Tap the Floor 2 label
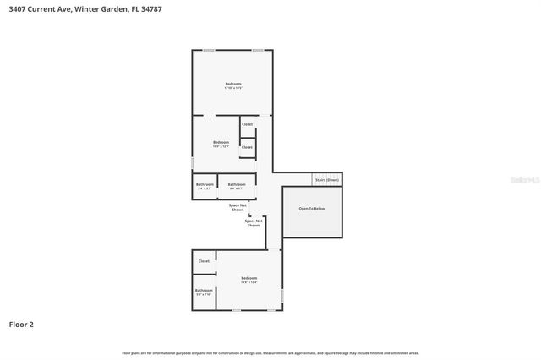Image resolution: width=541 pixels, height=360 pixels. coord(21,324)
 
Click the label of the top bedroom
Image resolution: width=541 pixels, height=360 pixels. coord(233,84)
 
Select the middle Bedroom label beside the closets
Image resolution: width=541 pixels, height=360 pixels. coord(221,142)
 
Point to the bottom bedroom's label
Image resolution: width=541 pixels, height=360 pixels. coord(249,278)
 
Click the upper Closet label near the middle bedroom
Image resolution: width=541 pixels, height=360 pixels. coord(247,124)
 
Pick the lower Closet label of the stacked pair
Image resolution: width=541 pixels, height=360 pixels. coord(247,147)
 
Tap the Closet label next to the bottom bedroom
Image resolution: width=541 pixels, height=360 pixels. coord(204,261)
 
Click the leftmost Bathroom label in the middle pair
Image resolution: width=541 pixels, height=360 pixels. coord(205,184)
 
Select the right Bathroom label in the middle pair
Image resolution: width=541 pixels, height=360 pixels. coord(237,184)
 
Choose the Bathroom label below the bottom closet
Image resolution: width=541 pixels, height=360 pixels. coord(204,291)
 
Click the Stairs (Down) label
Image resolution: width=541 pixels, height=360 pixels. coord(327,180)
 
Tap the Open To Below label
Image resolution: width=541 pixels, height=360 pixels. coord(312,208)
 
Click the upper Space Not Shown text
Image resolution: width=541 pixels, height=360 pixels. coord(238,206)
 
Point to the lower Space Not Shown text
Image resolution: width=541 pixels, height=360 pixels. coord(254,223)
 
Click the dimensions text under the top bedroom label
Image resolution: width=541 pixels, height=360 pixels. coord(233,89)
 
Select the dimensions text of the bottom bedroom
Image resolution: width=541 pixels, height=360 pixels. coord(249,283)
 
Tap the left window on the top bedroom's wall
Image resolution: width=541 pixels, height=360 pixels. coord(208,50)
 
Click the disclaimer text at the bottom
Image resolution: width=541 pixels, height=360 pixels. coord(270,352)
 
